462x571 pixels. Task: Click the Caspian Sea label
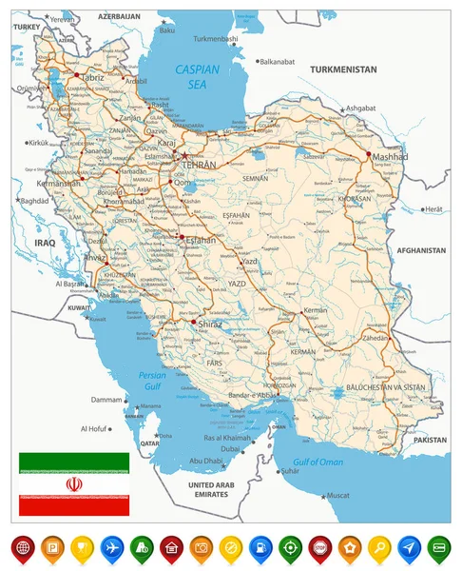[197, 77]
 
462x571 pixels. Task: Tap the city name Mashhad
[390, 156]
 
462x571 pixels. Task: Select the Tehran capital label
[200, 165]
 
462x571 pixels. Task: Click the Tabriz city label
[93, 78]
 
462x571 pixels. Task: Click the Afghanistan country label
[419, 250]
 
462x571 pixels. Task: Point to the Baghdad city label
[34, 201]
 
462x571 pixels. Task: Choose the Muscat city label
[337, 495]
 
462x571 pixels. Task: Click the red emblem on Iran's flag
[74, 484]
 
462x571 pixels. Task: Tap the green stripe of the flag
[74, 463]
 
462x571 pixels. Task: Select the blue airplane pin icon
[111, 548]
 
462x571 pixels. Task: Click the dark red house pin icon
[171, 548]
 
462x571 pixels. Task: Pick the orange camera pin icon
[201, 548]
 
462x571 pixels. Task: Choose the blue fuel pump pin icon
[260, 548]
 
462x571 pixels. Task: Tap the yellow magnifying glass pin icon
[379, 548]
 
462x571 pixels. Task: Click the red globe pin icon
[22, 548]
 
